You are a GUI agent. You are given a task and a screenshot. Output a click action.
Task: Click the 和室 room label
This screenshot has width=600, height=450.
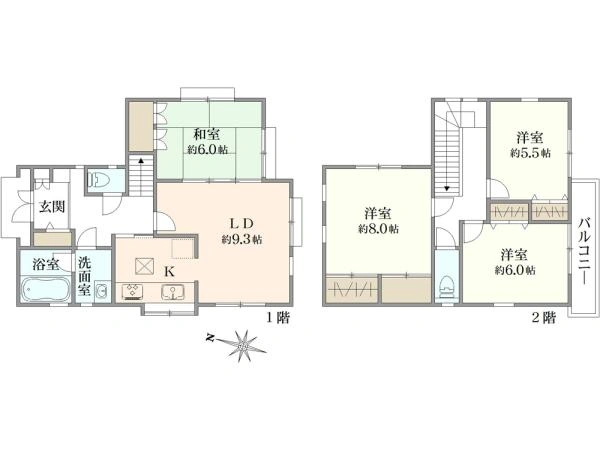click(207, 134)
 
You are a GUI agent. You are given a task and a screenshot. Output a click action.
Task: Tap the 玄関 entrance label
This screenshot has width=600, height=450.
click(52, 207)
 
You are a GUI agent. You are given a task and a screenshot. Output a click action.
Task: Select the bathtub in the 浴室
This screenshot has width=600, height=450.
click(45, 290)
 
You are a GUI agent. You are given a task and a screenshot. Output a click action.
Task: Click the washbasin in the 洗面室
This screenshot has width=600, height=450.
click(102, 292)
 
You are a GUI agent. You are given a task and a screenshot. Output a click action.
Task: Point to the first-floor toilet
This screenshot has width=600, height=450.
click(96, 179)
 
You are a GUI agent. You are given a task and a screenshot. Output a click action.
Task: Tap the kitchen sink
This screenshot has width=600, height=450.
click(173, 292)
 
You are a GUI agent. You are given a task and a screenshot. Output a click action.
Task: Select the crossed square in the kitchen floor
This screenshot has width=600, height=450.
click(144, 266)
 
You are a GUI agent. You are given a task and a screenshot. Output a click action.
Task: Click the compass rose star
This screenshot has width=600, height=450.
click(242, 346)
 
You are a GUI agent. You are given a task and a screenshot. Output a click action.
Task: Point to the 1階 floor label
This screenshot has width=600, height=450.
click(277, 318)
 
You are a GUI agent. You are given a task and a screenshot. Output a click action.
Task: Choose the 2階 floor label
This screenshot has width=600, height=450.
click(543, 318)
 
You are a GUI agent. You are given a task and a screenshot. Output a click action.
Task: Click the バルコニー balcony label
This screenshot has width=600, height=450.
click(584, 251)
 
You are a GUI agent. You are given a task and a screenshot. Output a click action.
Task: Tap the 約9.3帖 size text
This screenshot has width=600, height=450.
click(242, 240)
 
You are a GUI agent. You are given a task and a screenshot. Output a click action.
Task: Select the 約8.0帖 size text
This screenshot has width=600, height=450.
click(378, 229)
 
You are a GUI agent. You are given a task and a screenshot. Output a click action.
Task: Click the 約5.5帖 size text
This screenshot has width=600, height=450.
click(530, 153)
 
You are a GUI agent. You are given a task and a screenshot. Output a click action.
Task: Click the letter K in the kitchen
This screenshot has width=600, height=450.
click(169, 272)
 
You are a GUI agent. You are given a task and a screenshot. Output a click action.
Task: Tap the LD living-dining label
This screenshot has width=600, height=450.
click(241, 223)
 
